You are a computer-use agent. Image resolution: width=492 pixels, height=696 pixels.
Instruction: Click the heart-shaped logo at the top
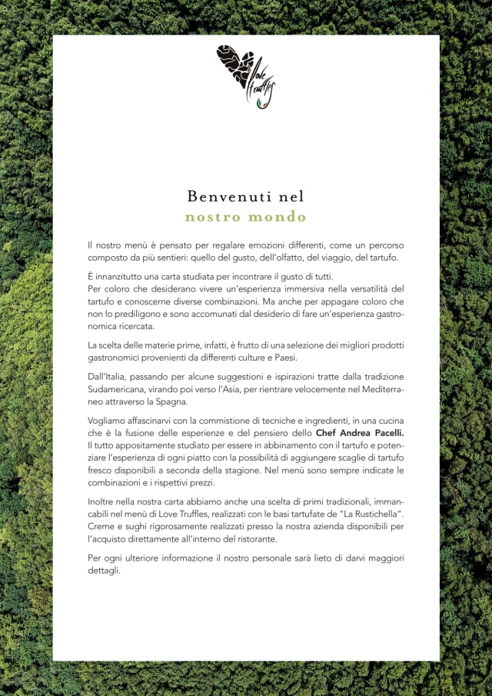click(x=245, y=76)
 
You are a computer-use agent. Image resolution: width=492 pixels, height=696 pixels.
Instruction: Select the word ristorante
click(x=253, y=539)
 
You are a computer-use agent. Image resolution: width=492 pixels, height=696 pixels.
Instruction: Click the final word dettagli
click(x=105, y=571)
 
